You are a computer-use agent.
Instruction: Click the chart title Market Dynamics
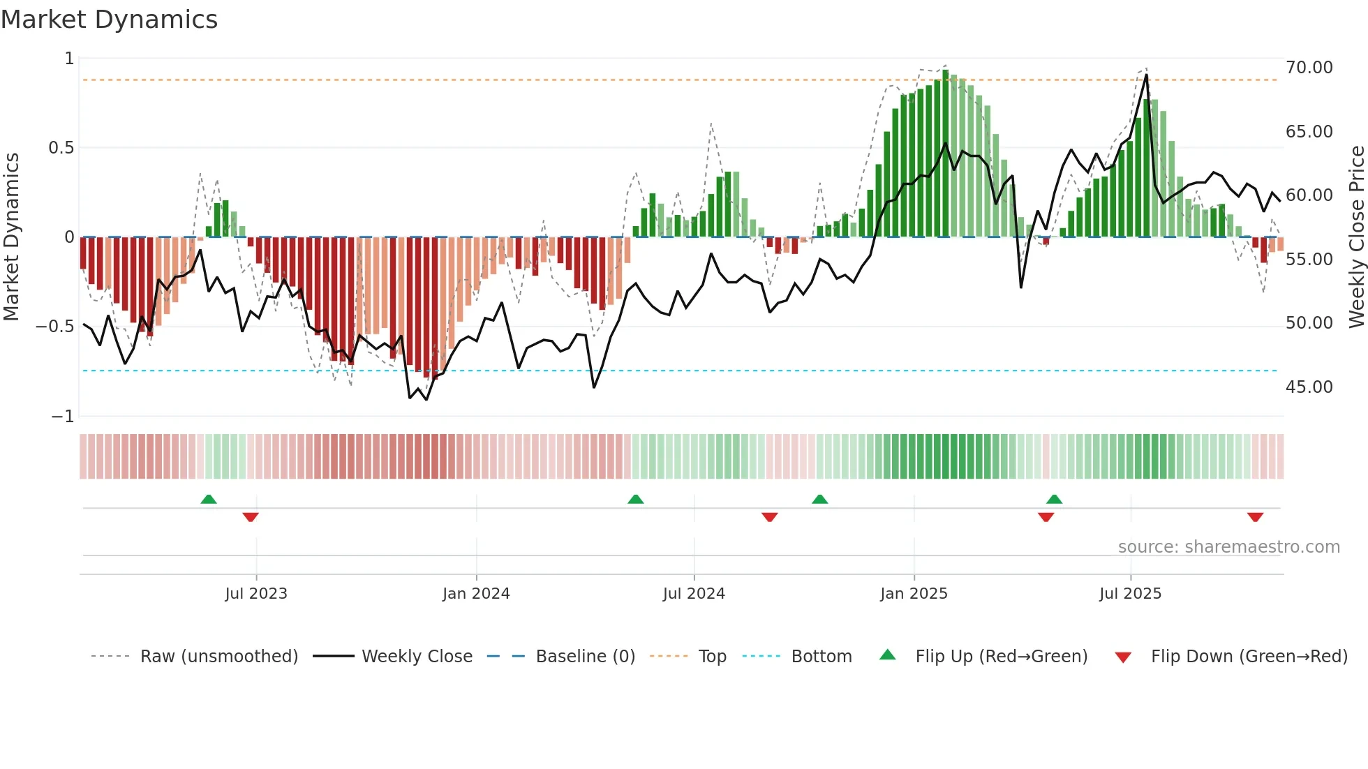pyautogui.click(x=110, y=20)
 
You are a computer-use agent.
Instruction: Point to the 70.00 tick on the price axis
pyautogui.click(x=1309, y=68)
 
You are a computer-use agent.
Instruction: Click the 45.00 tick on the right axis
pyautogui.click(x=1309, y=387)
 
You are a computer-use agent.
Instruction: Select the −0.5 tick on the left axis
pyautogui.click(x=54, y=327)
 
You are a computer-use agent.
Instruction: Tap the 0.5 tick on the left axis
pyautogui.click(x=61, y=148)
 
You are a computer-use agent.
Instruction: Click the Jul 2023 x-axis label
pyautogui.click(x=256, y=594)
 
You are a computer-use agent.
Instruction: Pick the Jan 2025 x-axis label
pyautogui.click(x=914, y=594)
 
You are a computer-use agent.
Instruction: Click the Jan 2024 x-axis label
pyautogui.click(x=476, y=594)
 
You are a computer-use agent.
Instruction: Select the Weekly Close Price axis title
pyautogui.click(x=1356, y=237)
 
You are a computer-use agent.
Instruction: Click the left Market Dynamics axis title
pyautogui.click(x=11, y=237)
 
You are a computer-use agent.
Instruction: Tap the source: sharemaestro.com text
pyautogui.click(x=1228, y=547)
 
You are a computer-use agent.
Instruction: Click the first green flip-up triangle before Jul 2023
pyautogui.click(x=209, y=500)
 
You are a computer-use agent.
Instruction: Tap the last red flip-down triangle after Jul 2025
pyautogui.click(x=1255, y=517)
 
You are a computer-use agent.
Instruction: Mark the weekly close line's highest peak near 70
pyautogui.click(x=1146, y=75)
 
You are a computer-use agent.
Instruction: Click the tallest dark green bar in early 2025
pyautogui.click(x=946, y=154)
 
